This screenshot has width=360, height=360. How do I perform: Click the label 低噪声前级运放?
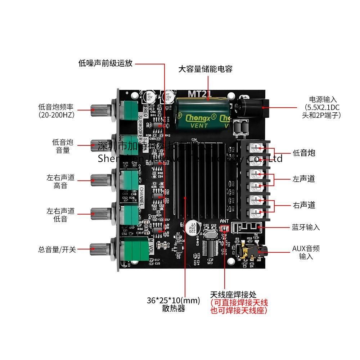tap(105, 64)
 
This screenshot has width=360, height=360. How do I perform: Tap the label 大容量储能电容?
tap(205, 69)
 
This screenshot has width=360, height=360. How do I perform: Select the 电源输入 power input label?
tap(323, 99)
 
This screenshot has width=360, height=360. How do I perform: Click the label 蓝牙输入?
tap(306, 227)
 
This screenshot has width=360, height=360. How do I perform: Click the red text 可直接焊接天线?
tap(239, 303)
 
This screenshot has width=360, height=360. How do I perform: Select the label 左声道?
tap(304, 179)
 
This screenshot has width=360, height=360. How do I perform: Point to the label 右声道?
tap(304, 205)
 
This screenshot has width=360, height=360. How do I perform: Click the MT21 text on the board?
tap(199, 94)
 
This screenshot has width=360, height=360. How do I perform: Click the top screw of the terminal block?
tap(255, 147)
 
